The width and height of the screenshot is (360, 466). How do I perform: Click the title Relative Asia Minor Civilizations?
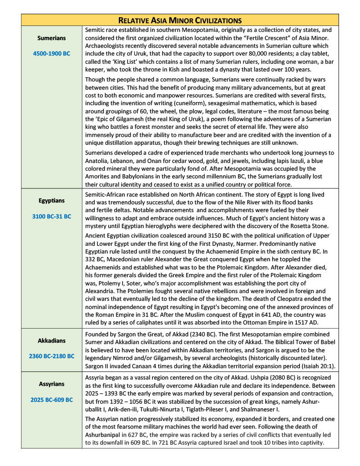coord(180,20)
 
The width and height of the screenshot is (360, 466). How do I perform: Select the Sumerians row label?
coord(51,38)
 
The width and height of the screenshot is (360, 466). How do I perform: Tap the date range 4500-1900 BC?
coord(51,54)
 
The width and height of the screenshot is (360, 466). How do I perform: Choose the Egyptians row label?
coord(51,200)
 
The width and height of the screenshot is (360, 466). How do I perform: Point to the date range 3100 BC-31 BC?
coord(51,216)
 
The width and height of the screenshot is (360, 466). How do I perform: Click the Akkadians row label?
coord(51,340)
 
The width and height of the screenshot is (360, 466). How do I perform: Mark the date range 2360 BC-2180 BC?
coord(51,356)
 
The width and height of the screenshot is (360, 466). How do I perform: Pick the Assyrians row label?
coord(51,385)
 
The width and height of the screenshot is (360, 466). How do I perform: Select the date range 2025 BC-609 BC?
coord(51,400)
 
